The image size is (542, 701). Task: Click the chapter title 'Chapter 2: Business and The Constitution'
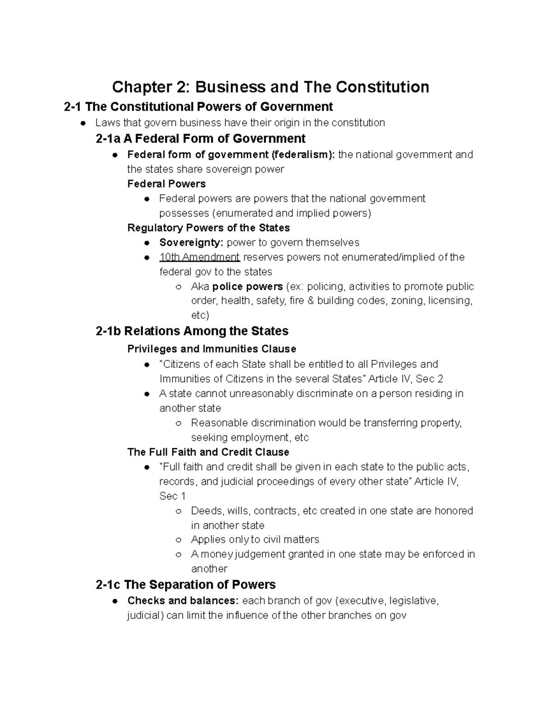pos(271,87)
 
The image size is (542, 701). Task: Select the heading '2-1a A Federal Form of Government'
pos(201,138)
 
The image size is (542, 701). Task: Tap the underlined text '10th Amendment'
pos(199,257)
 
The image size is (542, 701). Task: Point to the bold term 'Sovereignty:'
pos(191,242)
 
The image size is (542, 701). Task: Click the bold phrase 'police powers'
pos(248,287)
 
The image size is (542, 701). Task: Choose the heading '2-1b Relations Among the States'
pos(192,331)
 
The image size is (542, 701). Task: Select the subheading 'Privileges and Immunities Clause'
pos(211,349)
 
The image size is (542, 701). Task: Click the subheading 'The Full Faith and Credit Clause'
pos(208,452)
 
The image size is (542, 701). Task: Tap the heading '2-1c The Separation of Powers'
pos(186,585)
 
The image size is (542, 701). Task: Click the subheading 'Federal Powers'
pos(166,184)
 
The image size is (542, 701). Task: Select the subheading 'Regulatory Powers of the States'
pos(208,227)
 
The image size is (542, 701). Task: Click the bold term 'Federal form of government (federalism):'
pos(231,154)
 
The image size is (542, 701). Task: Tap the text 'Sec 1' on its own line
pos(172,496)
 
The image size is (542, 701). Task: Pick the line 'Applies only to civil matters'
pos(255,539)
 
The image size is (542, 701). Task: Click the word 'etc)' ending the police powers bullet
pos(200,315)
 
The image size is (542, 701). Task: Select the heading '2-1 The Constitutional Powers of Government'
pos(198,107)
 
